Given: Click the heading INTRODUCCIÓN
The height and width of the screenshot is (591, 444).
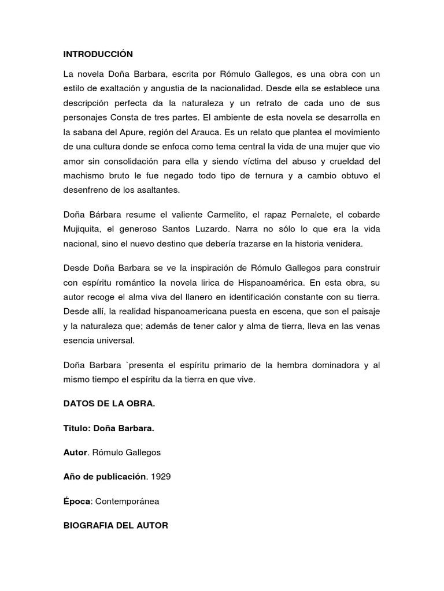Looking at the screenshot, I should pyautogui.click(x=98, y=54).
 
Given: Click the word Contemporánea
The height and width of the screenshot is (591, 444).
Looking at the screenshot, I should pyautogui.click(x=127, y=502).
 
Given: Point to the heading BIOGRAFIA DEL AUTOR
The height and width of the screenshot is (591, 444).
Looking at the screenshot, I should pyautogui.click(x=116, y=526).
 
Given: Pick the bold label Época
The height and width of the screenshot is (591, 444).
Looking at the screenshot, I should pyautogui.click(x=77, y=502).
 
